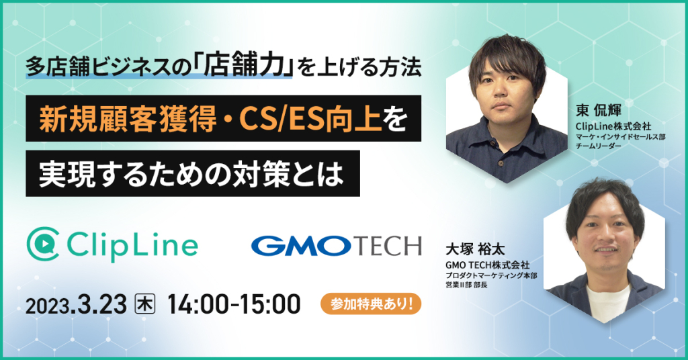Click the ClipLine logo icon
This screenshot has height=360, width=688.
point(43,244)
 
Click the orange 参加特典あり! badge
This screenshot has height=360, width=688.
point(371,304)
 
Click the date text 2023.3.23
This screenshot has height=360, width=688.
point(76,304)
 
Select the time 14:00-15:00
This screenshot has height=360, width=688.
point(234,304)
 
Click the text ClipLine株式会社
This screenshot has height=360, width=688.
point(613,126)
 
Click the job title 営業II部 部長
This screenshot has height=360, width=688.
point(466,285)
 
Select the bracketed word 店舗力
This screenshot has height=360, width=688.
point(243,67)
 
